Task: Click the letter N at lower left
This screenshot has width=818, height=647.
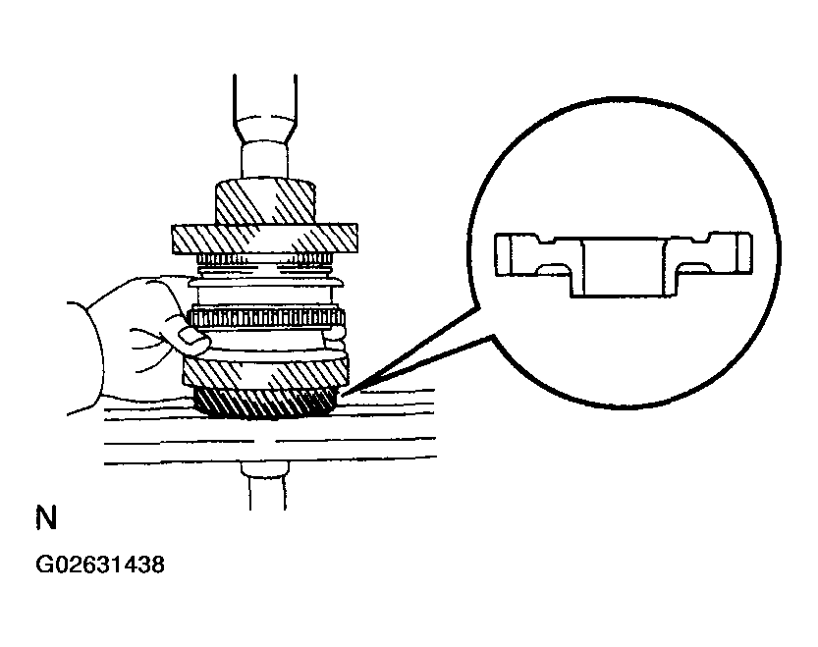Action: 46,517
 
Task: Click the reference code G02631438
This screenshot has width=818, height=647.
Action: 100,565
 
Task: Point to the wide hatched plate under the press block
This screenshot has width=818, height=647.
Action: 264,239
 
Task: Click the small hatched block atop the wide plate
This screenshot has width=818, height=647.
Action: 265,202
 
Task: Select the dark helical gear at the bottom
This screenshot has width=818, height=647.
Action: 264,404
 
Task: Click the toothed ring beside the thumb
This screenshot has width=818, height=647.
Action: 266,318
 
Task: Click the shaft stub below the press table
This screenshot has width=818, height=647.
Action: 264,485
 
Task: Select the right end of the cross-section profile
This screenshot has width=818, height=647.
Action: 744,253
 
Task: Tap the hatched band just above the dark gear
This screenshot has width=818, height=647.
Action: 265,374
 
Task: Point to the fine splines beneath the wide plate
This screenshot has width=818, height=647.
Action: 264,259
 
